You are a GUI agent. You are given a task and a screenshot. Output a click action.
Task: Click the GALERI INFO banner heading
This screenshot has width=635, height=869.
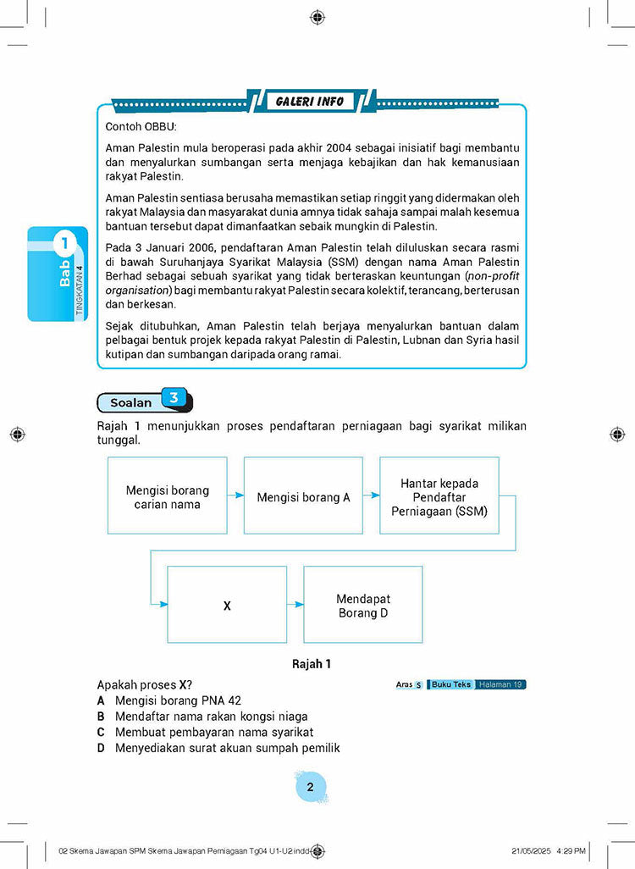(311, 102)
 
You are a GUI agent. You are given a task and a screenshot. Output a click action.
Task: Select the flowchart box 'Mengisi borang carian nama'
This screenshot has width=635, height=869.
(168, 496)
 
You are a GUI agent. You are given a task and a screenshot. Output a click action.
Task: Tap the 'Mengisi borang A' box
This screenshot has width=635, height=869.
(303, 497)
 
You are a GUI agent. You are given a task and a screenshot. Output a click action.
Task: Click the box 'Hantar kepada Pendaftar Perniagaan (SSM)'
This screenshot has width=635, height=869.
(439, 497)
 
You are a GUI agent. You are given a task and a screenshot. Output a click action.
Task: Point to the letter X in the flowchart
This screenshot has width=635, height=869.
(227, 606)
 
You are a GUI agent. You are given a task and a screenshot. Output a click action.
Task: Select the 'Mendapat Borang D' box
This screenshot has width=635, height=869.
(362, 606)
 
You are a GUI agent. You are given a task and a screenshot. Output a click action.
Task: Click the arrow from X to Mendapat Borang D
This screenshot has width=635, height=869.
(295, 605)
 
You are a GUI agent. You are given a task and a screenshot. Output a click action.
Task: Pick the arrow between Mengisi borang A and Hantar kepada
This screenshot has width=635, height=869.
(371, 496)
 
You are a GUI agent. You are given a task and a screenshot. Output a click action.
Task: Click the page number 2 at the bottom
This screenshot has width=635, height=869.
(310, 788)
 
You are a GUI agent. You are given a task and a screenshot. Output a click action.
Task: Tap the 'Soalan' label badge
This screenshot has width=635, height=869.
(130, 403)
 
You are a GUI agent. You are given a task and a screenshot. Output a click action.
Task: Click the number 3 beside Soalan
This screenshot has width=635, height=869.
(174, 396)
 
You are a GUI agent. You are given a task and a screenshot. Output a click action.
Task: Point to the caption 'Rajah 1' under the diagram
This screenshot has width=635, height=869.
(311, 664)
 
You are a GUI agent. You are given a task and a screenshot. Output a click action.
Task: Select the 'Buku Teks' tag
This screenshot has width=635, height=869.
(450, 684)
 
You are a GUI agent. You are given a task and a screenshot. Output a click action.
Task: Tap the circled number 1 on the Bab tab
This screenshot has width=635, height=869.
(64, 245)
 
